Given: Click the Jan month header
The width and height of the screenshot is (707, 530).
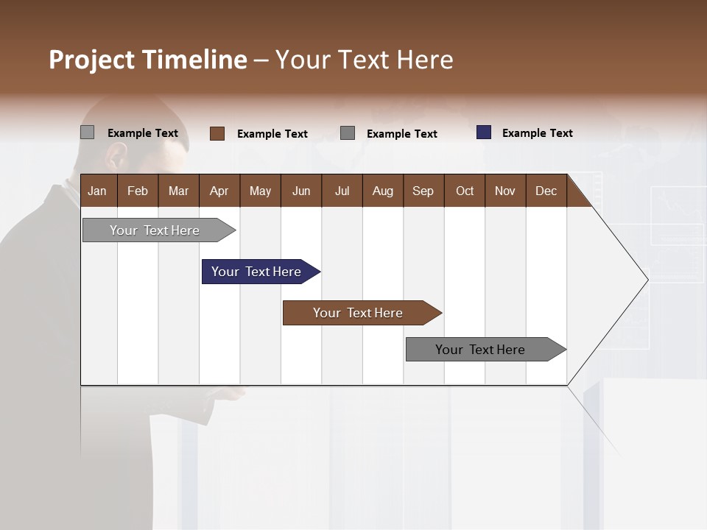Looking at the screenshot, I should coord(98,191).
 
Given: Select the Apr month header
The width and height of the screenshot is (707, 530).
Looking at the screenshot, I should coord(219,191).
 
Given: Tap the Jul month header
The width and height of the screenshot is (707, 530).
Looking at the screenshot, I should coord(342,191).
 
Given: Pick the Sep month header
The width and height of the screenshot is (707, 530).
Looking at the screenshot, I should coord(423,191).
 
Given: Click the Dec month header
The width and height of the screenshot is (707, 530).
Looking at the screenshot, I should coord(546,191).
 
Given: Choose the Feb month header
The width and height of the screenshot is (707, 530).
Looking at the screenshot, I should coord(138,191).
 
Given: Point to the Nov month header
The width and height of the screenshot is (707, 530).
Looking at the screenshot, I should coord(505,191).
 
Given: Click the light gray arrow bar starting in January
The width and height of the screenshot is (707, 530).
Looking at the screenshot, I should coord(155,230).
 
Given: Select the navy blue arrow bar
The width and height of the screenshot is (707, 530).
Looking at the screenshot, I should coord(256,272).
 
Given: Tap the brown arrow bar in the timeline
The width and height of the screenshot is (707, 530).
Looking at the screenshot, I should coord(358,313).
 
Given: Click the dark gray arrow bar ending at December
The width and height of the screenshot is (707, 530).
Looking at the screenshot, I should coord(480,350).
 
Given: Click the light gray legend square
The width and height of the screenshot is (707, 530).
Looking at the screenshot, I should coord(87,132).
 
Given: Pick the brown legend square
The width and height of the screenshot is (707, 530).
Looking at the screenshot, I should coord(217,133).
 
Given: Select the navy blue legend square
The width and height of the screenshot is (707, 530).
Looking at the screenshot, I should coord(483,132).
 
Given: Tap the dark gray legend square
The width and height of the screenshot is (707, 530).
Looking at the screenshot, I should coord(348,133).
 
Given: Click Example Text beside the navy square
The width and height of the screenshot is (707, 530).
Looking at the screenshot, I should coord(537,133).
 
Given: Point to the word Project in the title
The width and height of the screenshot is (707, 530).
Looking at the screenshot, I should coord(93,60).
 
